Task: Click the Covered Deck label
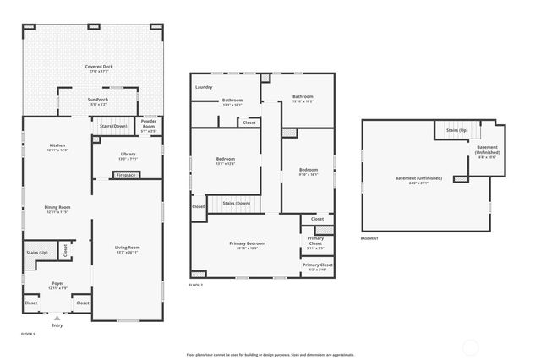(98, 68)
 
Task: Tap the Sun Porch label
(98, 101)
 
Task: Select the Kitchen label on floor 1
(57, 147)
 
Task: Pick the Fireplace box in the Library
(126, 175)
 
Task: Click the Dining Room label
(57, 209)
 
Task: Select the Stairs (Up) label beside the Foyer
(37, 253)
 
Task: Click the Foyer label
(57, 286)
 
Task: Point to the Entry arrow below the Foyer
(57, 318)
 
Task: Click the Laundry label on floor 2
(204, 87)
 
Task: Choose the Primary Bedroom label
(247, 245)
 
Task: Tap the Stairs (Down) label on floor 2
(236, 203)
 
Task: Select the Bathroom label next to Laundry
(232, 101)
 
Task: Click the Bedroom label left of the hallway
(225, 161)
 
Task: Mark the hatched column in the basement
(461, 179)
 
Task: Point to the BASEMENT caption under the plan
(369, 239)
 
